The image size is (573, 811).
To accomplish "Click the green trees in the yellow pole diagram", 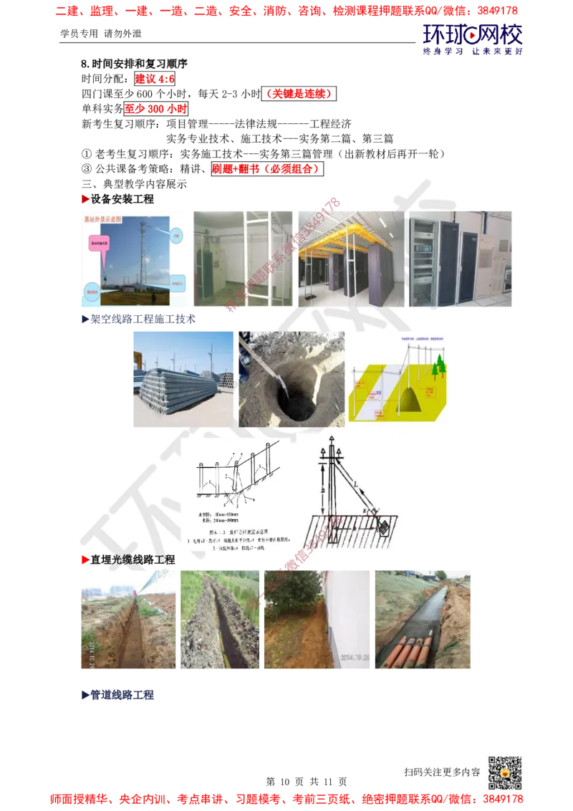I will [x=438, y=367].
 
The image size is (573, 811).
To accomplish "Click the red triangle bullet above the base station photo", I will [x=85, y=198].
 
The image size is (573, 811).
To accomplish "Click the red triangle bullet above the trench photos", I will [x=85, y=559].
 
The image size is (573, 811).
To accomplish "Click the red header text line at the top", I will [x=286, y=11].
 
